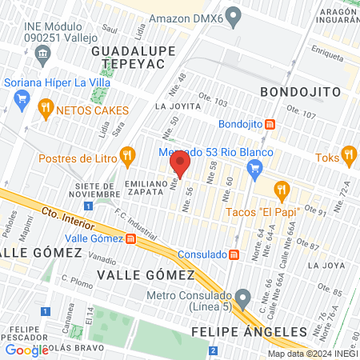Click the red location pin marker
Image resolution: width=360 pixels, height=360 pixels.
[179, 166]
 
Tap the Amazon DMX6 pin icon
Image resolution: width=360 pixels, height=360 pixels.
[234, 15]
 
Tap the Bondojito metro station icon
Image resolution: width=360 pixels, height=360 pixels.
[270, 124]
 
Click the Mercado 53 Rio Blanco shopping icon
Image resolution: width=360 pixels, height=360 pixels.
[255, 168]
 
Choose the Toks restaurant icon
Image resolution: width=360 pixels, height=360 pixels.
[348, 154]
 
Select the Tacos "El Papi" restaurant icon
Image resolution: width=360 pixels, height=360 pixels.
[281, 190]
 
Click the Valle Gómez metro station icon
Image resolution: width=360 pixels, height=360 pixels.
[130, 238]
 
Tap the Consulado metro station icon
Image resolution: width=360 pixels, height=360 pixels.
[234, 254]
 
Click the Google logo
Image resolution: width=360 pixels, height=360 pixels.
[26, 349]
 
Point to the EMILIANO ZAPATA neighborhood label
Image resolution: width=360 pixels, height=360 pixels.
[145, 190]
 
